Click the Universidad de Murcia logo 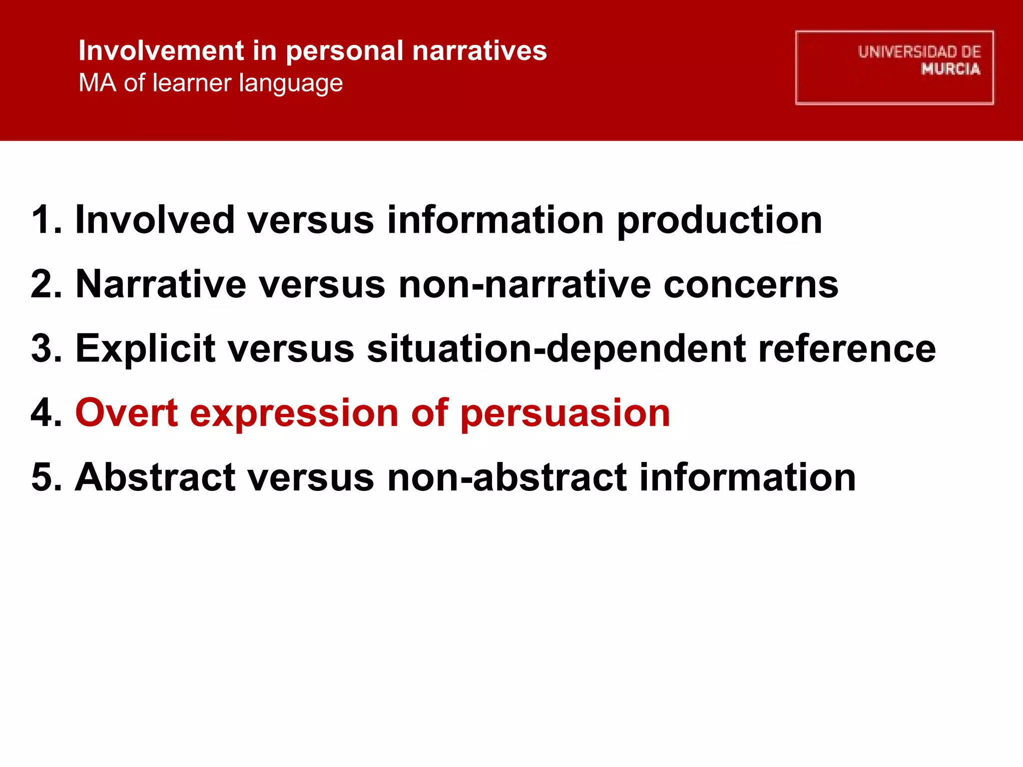(894, 67)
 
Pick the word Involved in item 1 (155, 220)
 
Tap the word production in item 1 (719, 221)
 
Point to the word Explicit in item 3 (145, 349)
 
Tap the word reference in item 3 (847, 349)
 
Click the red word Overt (126, 413)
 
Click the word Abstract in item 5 (155, 477)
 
